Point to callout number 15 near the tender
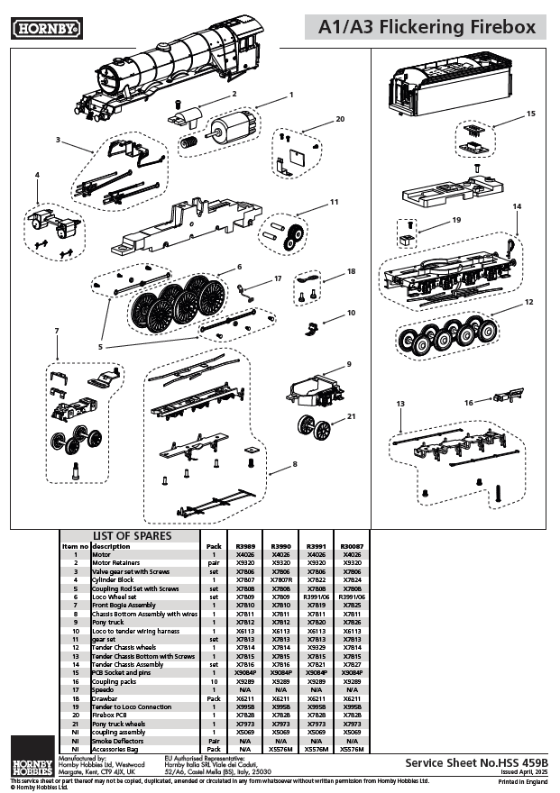tap(530, 114)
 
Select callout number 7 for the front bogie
tap(56, 331)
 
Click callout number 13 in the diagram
tap(399, 405)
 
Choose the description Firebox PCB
tap(111, 715)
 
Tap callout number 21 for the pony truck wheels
tap(352, 415)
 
